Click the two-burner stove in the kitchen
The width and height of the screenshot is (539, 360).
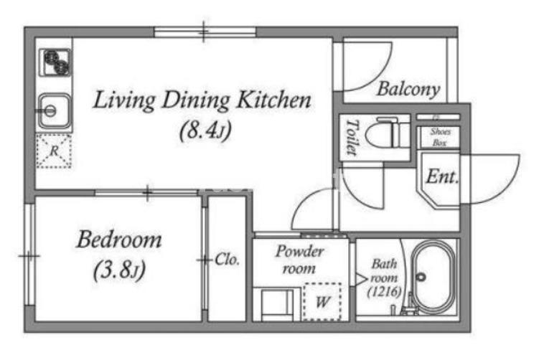pos(55,62)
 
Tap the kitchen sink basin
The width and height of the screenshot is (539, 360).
pos(54,111)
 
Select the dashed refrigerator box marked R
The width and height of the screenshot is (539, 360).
pos(54,151)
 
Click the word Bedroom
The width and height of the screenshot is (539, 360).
pos(119,240)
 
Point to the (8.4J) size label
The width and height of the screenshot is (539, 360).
pos(205,131)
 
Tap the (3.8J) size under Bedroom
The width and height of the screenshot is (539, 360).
pos(119,270)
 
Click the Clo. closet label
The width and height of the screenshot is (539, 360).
pos(227,260)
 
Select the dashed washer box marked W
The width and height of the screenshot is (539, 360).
pos(322,302)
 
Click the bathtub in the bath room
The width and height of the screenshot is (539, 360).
pos(433,278)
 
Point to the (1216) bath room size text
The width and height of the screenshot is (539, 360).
pos(384,292)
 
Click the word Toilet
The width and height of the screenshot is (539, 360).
pos(352,137)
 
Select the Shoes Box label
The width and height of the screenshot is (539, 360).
pos(440,137)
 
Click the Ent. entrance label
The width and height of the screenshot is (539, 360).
pos(442,177)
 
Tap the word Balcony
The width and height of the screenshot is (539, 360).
pos(408,90)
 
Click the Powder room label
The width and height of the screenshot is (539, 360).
pos(299,260)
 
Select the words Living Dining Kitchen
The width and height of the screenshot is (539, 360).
pos(202,100)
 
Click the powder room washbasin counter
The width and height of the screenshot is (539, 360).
pos(273,304)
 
